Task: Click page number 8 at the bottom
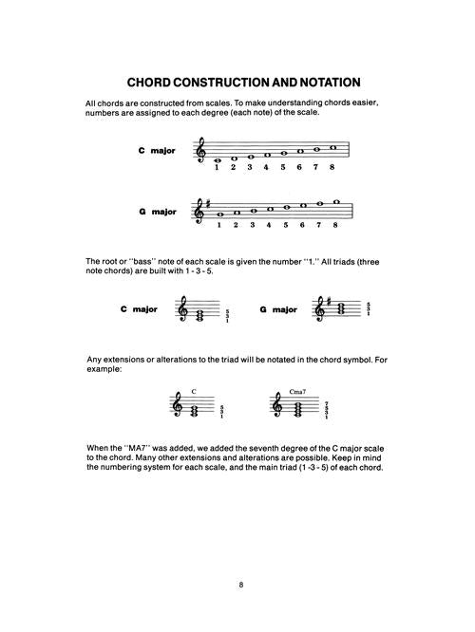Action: click(241, 585)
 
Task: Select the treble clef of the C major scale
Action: click(200, 150)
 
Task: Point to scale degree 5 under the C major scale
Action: click(283, 167)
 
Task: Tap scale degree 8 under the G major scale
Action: click(335, 225)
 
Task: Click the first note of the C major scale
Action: click(218, 160)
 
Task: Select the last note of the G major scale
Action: click(336, 201)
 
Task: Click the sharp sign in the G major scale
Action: click(208, 204)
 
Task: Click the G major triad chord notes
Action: click(338, 308)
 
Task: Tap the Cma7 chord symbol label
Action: click(297, 391)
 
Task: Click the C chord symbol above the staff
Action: click(194, 391)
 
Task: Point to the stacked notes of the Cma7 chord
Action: click(297, 409)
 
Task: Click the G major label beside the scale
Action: click(158, 212)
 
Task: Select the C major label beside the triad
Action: click(139, 309)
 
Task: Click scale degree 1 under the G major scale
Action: click(219, 225)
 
